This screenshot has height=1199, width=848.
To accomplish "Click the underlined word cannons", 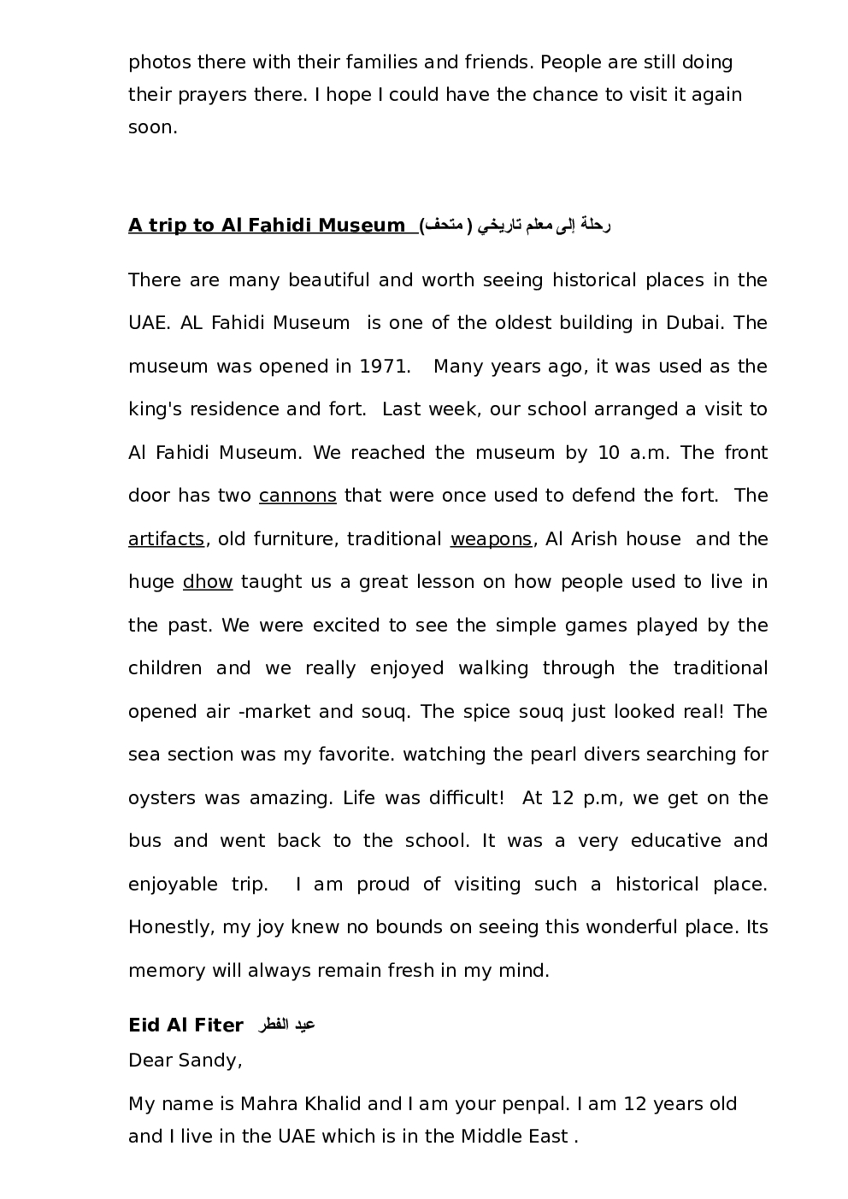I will point(297,496).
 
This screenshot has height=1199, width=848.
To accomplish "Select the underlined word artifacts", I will point(166,539).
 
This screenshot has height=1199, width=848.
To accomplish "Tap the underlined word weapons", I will point(491,539).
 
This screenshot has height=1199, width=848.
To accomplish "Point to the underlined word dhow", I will point(208,582).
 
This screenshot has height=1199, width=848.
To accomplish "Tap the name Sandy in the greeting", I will point(209,1061).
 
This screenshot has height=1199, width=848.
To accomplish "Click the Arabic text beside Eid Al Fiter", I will point(287,1025).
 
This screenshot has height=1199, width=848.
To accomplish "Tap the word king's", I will point(157,409).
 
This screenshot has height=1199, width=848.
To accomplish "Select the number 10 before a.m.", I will point(609,453).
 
